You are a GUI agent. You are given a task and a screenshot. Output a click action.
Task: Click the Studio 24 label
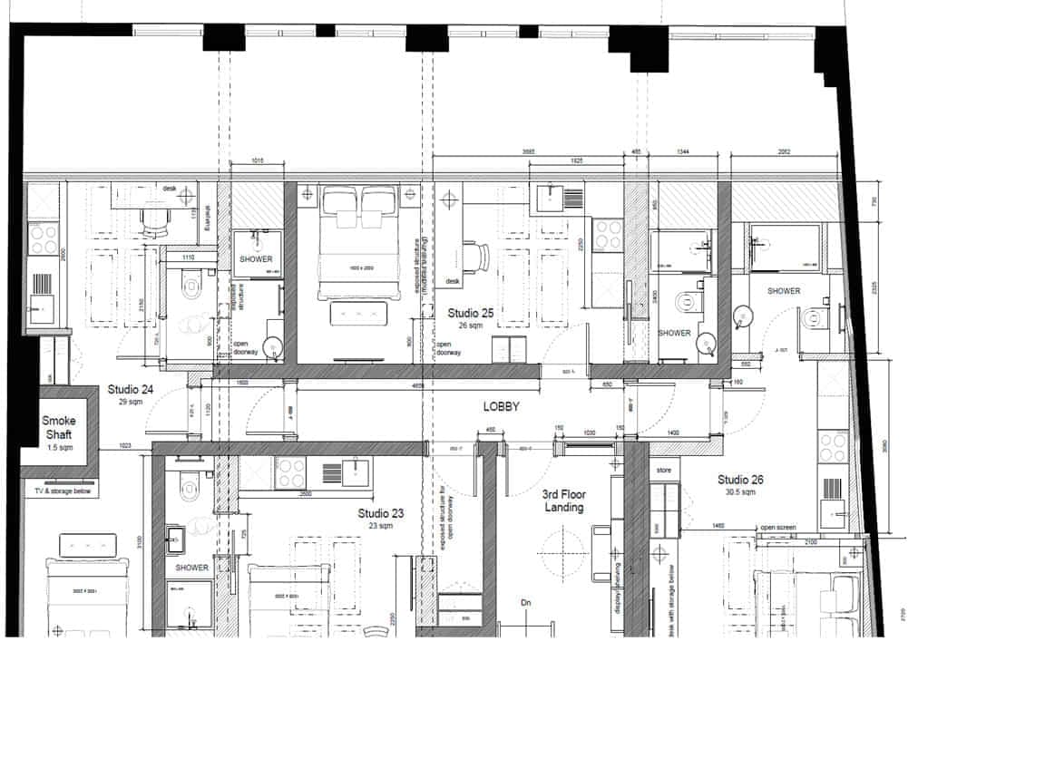[131, 390]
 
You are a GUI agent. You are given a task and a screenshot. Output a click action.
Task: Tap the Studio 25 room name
[471, 313]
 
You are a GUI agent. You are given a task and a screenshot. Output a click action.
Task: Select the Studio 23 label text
[380, 513]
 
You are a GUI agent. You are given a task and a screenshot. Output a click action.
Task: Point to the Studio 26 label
[741, 480]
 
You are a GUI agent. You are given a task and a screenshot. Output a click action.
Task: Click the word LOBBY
[501, 407]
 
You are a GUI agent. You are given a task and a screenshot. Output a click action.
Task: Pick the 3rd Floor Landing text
[563, 500]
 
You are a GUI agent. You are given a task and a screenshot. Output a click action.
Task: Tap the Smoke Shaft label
[59, 427]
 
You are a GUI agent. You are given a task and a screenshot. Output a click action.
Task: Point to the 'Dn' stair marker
[525, 602]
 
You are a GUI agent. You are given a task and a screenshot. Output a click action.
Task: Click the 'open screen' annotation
[779, 528]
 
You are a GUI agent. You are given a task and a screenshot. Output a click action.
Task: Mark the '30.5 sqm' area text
[741, 493]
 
